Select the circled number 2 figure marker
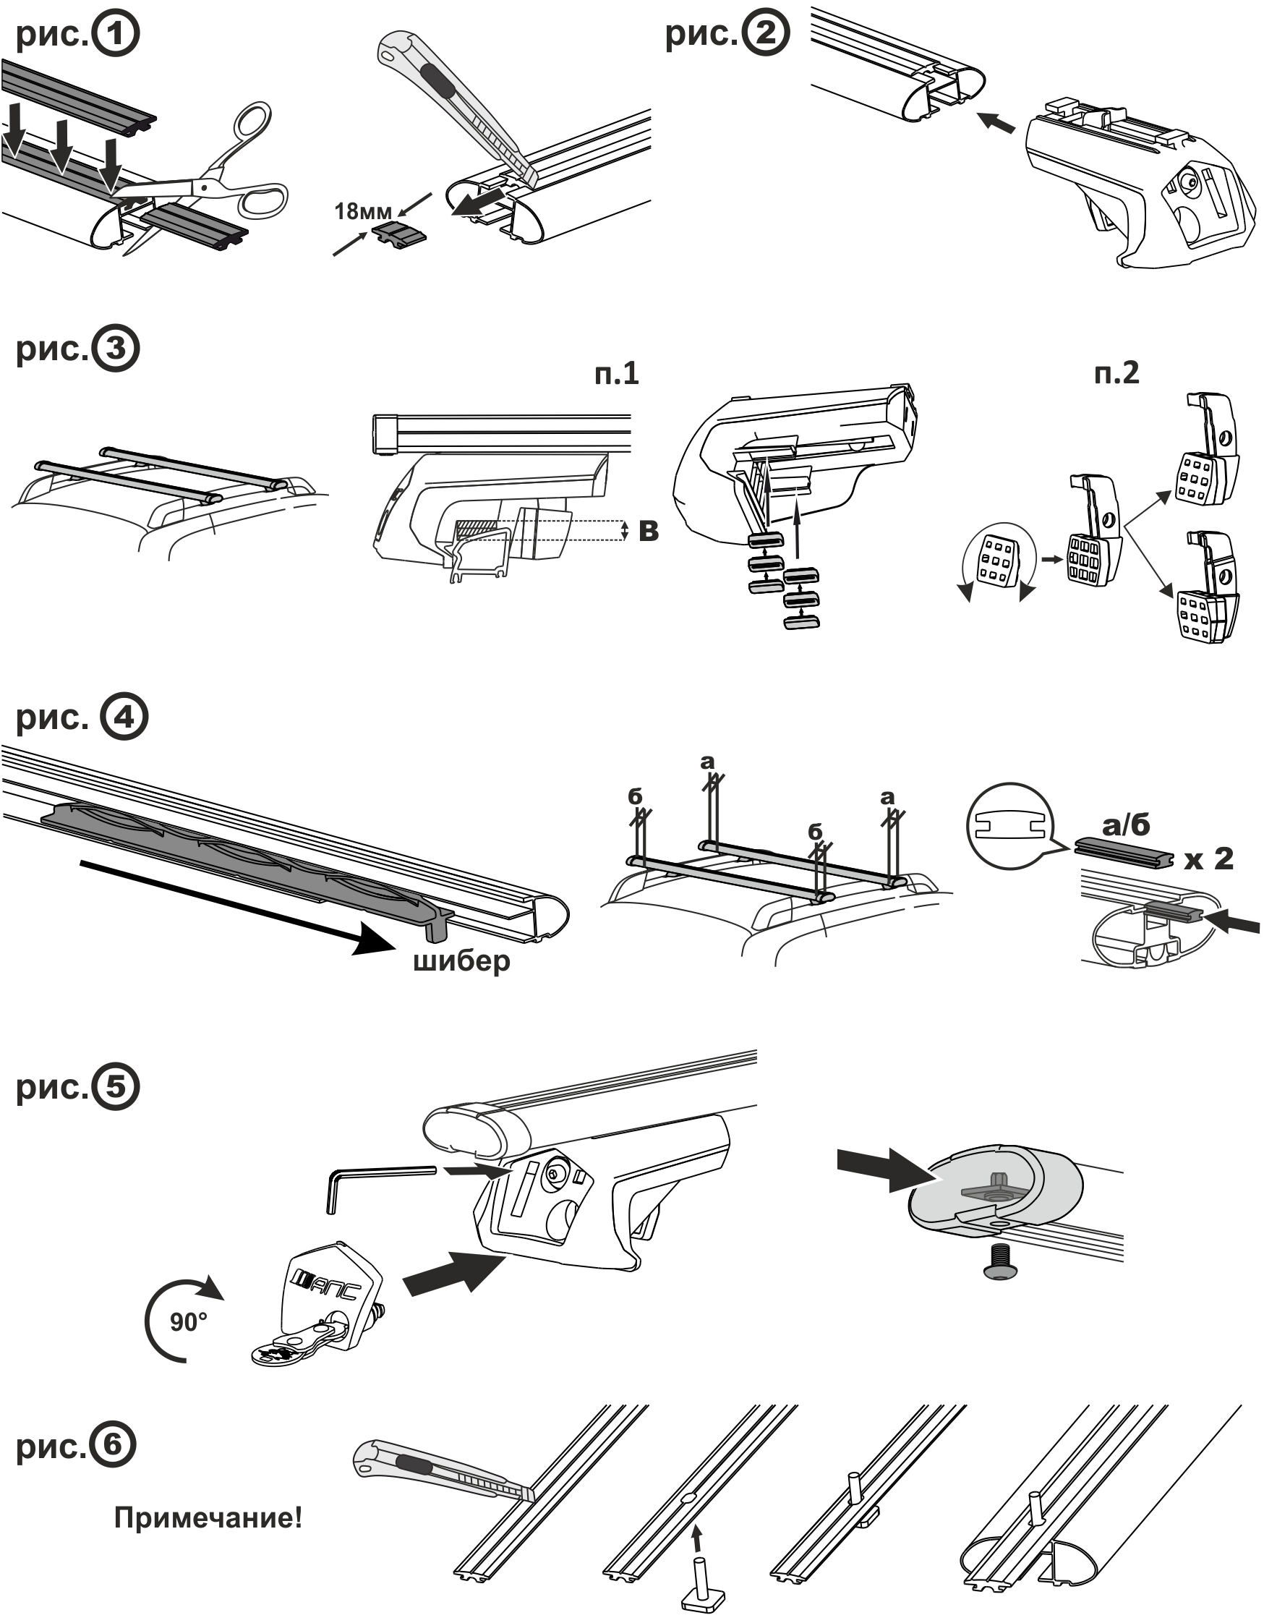765,33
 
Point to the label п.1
616,373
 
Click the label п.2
1116,372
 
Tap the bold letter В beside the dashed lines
649,531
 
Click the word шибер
461,961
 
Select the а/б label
1126,825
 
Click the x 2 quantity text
1209,859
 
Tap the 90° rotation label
188,1322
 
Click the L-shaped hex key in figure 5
379,1188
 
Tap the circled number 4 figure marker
124,718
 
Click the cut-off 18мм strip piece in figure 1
400,236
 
